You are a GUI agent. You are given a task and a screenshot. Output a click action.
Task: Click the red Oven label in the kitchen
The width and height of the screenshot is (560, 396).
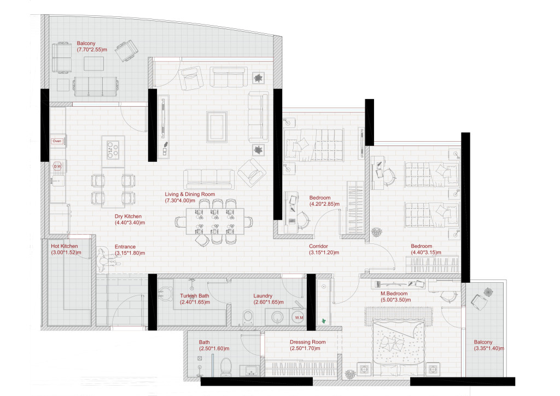pyautogui.click(x=57, y=141)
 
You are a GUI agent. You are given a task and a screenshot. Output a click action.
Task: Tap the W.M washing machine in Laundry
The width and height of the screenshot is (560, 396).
pyautogui.click(x=299, y=318)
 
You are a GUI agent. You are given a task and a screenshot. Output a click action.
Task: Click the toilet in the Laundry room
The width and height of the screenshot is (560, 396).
pyautogui.click(x=248, y=317)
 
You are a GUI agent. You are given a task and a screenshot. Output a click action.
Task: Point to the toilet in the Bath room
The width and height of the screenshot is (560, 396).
pyautogui.click(x=225, y=368)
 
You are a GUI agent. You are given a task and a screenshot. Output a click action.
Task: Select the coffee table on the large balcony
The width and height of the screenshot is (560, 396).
pyautogui.click(x=94, y=64)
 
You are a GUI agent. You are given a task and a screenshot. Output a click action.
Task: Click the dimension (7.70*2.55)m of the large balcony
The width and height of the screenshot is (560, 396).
pyautogui.click(x=91, y=50)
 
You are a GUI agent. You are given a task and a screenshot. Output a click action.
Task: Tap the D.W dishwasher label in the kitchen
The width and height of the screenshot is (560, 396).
pyautogui.click(x=56, y=166)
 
